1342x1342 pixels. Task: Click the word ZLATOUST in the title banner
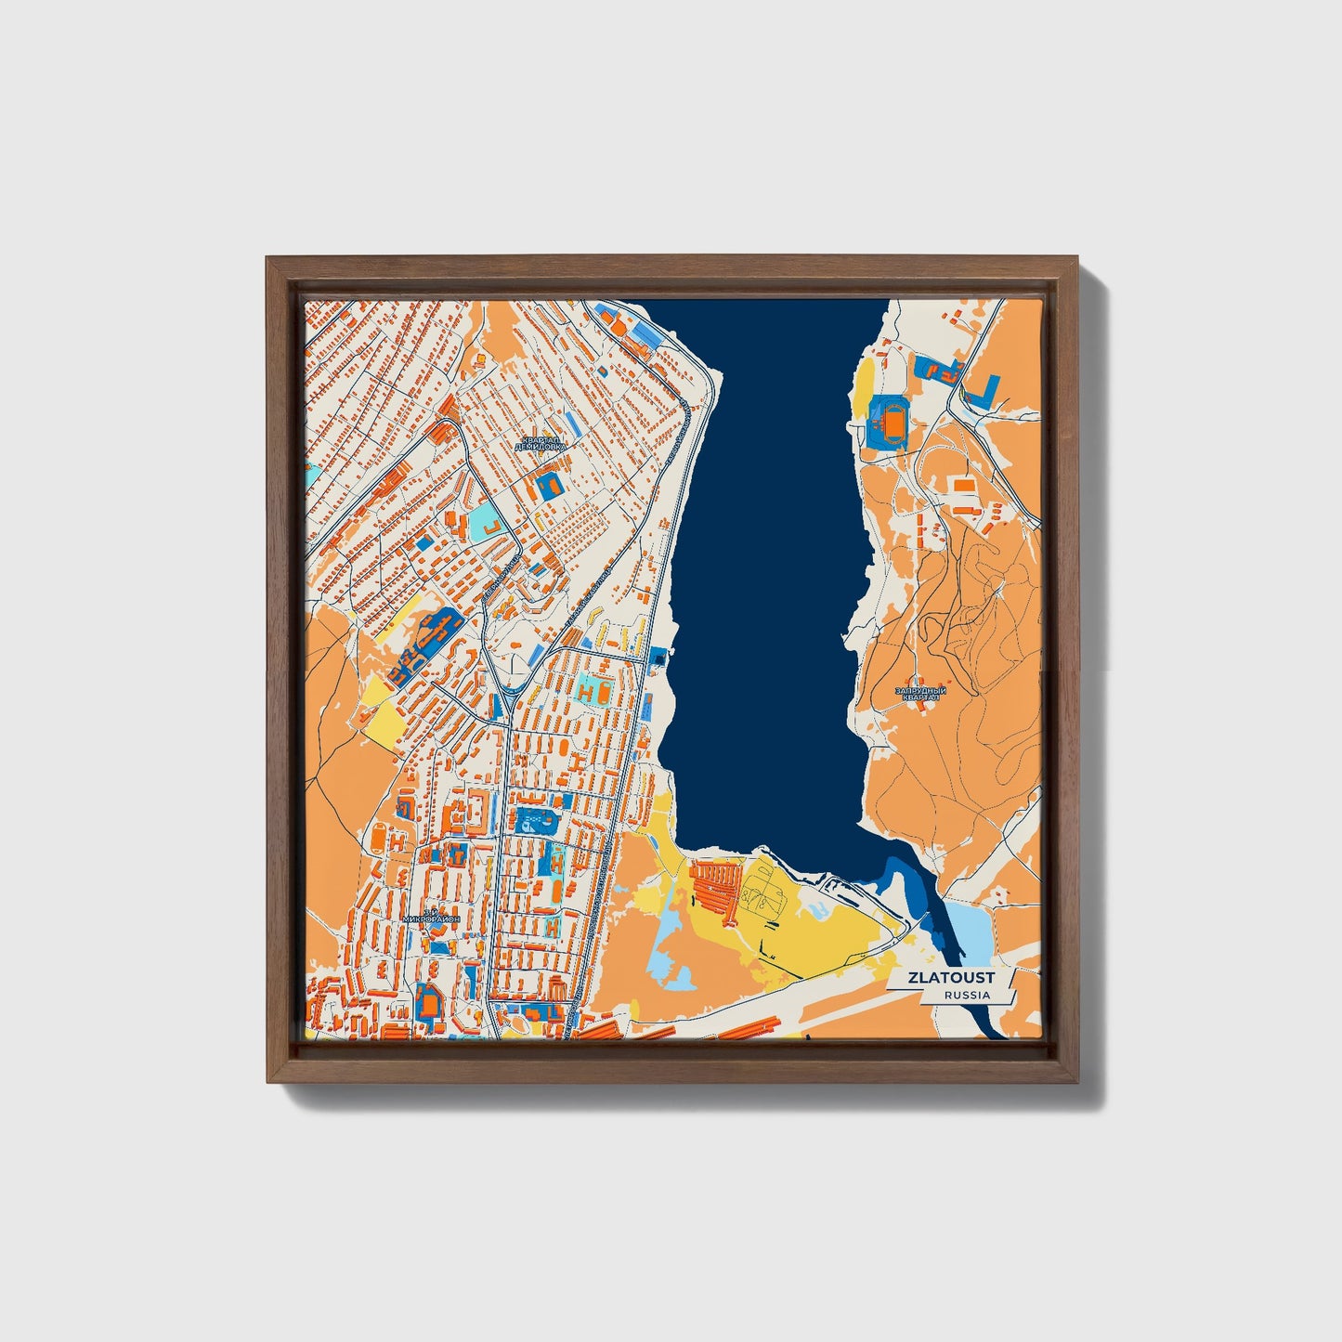(x=951, y=977)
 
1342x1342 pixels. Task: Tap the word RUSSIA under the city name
(x=966, y=995)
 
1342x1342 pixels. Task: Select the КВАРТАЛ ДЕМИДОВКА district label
(x=541, y=443)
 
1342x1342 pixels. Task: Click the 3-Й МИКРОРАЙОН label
(x=431, y=916)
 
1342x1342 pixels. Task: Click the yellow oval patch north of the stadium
(x=864, y=381)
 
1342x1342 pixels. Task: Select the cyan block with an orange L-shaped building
(x=488, y=525)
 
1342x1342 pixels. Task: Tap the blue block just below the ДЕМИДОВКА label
(x=548, y=484)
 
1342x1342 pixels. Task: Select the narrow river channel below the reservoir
(x=938, y=915)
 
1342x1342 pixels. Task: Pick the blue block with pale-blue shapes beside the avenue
(x=534, y=819)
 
